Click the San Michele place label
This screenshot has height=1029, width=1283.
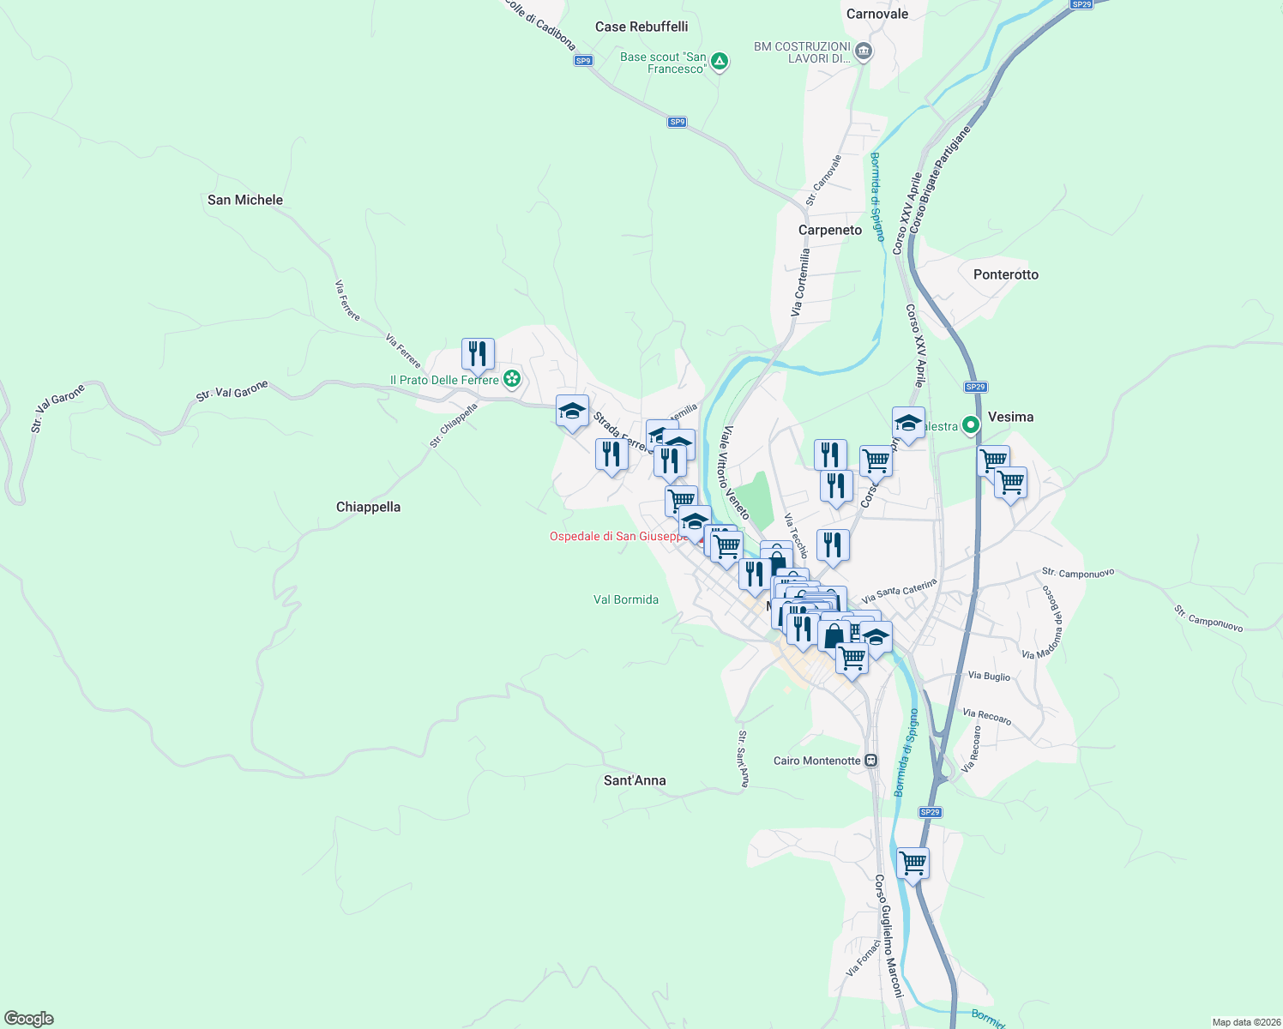[245, 200]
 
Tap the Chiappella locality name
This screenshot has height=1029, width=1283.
[368, 507]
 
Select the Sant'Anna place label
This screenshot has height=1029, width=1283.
[635, 780]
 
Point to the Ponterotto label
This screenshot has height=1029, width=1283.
[1006, 274]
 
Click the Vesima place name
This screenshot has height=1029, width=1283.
[1010, 417]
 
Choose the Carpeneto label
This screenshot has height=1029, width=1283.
[830, 230]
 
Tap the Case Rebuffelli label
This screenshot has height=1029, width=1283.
[641, 27]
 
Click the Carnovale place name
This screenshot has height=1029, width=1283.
[877, 14]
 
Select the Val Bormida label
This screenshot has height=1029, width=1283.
[626, 599]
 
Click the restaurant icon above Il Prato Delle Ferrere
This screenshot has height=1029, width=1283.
[478, 353]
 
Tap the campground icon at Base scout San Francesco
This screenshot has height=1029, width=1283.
[720, 62]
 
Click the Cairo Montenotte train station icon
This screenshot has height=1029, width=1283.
[871, 761]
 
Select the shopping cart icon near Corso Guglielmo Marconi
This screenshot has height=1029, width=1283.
[913, 863]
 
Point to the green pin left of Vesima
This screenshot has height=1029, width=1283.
[971, 424]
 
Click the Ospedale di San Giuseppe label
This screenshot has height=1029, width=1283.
[617, 537]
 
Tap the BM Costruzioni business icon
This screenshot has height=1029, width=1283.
[864, 51]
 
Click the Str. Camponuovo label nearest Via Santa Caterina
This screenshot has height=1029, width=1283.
[1078, 573]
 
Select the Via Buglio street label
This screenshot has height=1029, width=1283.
[989, 676]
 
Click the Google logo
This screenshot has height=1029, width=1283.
[29, 1019]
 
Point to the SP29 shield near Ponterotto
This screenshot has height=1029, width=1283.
[975, 387]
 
